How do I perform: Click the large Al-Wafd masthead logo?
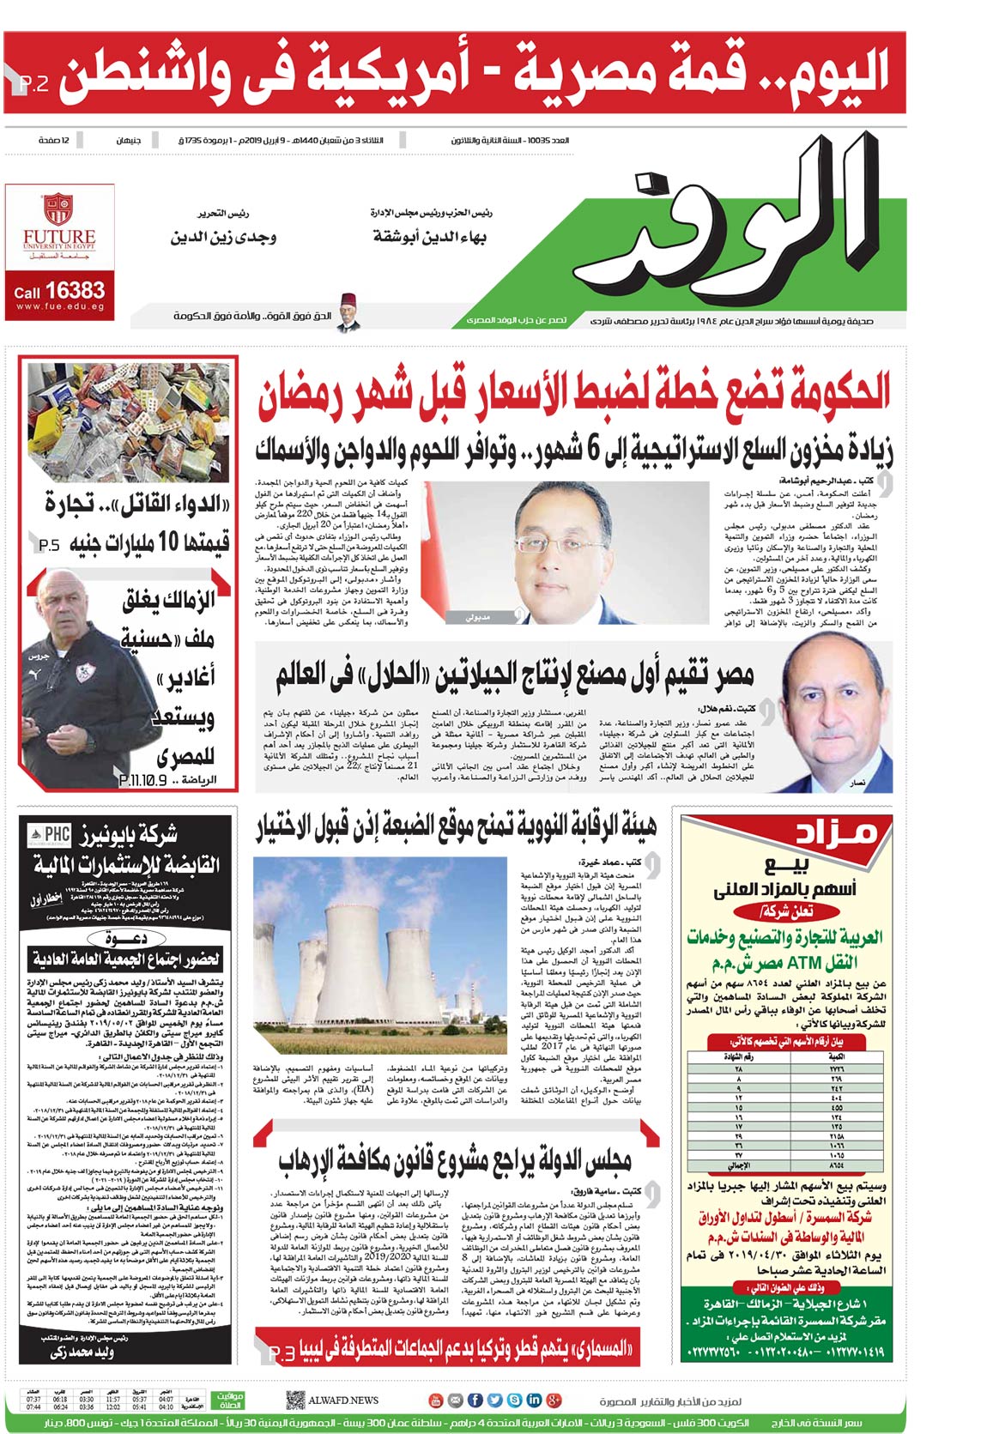(x=755, y=227)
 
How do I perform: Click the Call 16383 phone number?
(x=59, y=292)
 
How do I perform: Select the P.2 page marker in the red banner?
(x=33, y=83)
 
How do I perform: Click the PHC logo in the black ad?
(x=50, y=835)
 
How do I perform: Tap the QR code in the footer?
(x=295, y=1400)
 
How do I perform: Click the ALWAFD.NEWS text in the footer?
(x=343, y=1400)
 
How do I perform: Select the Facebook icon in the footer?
(x=475, y=1401)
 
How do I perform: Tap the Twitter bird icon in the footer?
(x=494, y=1401)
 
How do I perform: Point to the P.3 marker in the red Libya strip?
(x=282, y=1353)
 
